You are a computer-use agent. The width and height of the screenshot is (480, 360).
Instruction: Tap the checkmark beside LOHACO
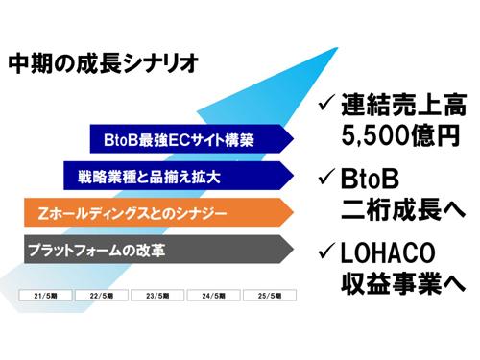click(x=326, y=254)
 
